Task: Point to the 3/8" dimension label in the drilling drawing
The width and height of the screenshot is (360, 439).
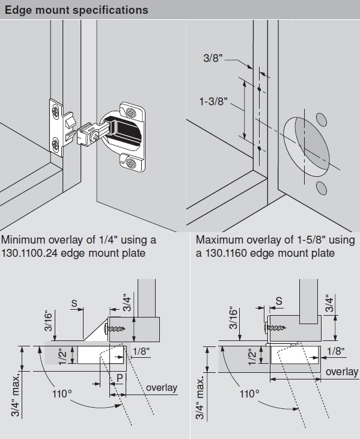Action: [x=213, y=58]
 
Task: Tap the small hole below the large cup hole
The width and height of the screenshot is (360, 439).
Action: [x=320, y=188]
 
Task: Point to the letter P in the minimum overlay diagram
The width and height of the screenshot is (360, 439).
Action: [x=120, y=377]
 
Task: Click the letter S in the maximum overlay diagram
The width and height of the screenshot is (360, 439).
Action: [x=278, y=300]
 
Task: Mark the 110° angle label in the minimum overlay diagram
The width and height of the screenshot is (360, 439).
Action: [x=61, y=395]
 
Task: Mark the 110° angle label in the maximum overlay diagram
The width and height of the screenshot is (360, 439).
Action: [x=249, y=395]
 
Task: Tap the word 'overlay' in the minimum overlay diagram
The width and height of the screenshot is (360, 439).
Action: [x=162, y=387]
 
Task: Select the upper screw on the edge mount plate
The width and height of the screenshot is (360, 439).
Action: [x=55, y=110]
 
